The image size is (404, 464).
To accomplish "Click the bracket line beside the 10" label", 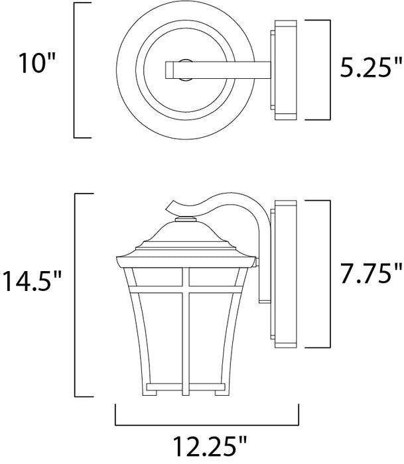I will point(74,70).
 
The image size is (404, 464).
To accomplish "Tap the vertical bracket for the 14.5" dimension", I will point(74,292).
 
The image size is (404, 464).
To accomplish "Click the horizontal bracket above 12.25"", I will point(206,424).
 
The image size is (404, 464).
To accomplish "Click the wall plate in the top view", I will point(284,70).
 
